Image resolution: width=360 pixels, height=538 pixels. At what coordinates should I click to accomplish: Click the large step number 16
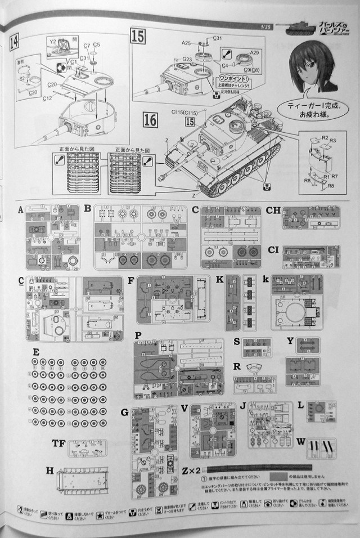150,119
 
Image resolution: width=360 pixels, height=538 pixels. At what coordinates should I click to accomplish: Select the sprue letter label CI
274,249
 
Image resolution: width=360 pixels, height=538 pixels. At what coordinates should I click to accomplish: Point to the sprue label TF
58,442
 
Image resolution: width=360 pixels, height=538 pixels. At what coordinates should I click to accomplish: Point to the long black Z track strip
259,468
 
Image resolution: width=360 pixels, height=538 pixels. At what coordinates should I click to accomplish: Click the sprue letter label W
301,441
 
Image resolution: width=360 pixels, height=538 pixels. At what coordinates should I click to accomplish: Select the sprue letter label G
124,413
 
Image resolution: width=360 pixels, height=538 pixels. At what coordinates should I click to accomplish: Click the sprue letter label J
243,405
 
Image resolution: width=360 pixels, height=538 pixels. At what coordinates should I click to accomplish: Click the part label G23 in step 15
187,59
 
